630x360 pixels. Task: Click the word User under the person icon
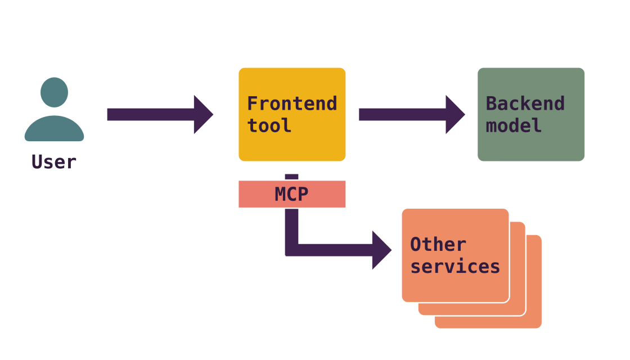pos(54,162)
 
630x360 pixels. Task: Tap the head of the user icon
pos(55,92)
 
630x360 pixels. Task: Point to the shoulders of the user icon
pos(55,129)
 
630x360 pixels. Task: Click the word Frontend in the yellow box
pos(292,104)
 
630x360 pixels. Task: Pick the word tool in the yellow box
pos(269,125)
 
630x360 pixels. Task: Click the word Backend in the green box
pos(525,104)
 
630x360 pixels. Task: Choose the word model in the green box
pos(514,125)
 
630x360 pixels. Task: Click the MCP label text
pos(291,195)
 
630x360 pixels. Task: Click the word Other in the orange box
pos(438,245)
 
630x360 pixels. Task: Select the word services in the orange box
pos(455,266)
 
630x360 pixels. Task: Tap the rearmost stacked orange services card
pos(534,321)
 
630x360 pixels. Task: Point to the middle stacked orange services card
pos(518,308)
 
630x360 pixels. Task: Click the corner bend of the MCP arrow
pos(292,249)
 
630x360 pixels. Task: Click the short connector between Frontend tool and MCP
pos(291,177)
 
